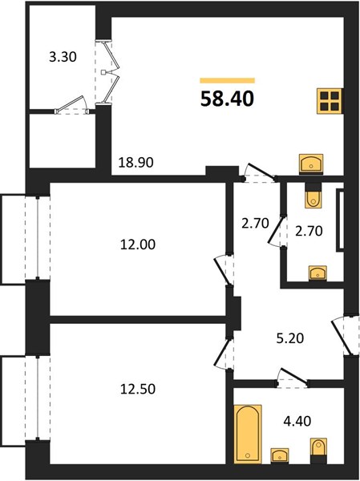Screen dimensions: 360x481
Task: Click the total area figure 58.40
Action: pos(227,99)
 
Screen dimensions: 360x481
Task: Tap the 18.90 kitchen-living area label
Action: pos(136,162)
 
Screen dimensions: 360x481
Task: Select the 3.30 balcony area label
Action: pos(63,57)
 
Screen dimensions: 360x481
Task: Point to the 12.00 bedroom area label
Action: pos(138,245)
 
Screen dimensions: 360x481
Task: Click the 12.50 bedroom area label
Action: pos(138,389)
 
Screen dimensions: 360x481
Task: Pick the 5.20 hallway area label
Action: pos(290,338)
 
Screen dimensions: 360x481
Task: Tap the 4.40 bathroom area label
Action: pos(297,421)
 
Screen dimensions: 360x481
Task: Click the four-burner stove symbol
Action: pos(330,101)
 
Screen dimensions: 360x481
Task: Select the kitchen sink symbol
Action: pos(311,164)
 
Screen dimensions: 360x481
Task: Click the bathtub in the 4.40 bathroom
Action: pos(248,434)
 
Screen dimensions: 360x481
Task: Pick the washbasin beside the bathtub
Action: pos(279,455)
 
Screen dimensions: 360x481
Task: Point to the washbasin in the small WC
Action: pos(318,273)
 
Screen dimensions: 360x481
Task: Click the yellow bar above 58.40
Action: pos(227,81)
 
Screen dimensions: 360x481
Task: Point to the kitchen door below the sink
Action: pos(261,172)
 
